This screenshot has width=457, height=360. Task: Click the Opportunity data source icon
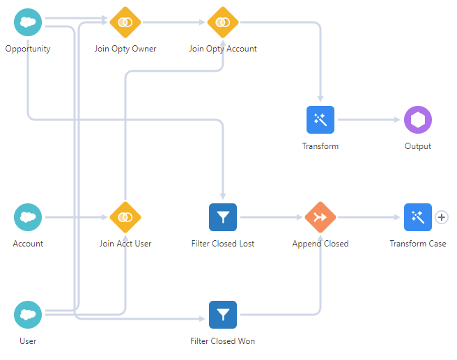click(x=28, y=22)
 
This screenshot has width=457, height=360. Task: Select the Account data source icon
click(x=28, y=217)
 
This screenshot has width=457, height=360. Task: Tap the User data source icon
click(x=28, y=315)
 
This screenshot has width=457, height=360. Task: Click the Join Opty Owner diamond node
click(x=125, y=22)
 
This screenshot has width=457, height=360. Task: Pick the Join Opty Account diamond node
click(x=223, y=22)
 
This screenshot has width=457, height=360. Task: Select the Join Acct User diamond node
click(x=125, y=217)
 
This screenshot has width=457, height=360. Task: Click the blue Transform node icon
click(x=320, y=120)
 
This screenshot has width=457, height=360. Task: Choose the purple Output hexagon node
click(x=418, y=120)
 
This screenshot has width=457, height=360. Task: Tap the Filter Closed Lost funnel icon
click(x=223, y=217)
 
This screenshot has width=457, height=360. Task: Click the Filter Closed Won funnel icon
click(x=223, y=315)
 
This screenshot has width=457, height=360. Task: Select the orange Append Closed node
click(x=320, y=217)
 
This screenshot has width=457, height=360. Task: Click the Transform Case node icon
click(x=418, y=217)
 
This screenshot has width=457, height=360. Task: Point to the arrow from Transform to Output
click(x=369, y=120)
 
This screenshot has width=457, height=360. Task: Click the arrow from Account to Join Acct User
click(x=77, y=217)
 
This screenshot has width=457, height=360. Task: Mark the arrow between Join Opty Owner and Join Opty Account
click(x=174, y=22)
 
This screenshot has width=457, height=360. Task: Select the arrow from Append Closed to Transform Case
click(x=369, y=217)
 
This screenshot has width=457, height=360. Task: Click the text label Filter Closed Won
click(x=223, y=341)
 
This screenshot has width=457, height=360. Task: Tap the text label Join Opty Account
click(x=223, y=49)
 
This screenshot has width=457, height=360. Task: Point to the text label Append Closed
click(x=320, y=244)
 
